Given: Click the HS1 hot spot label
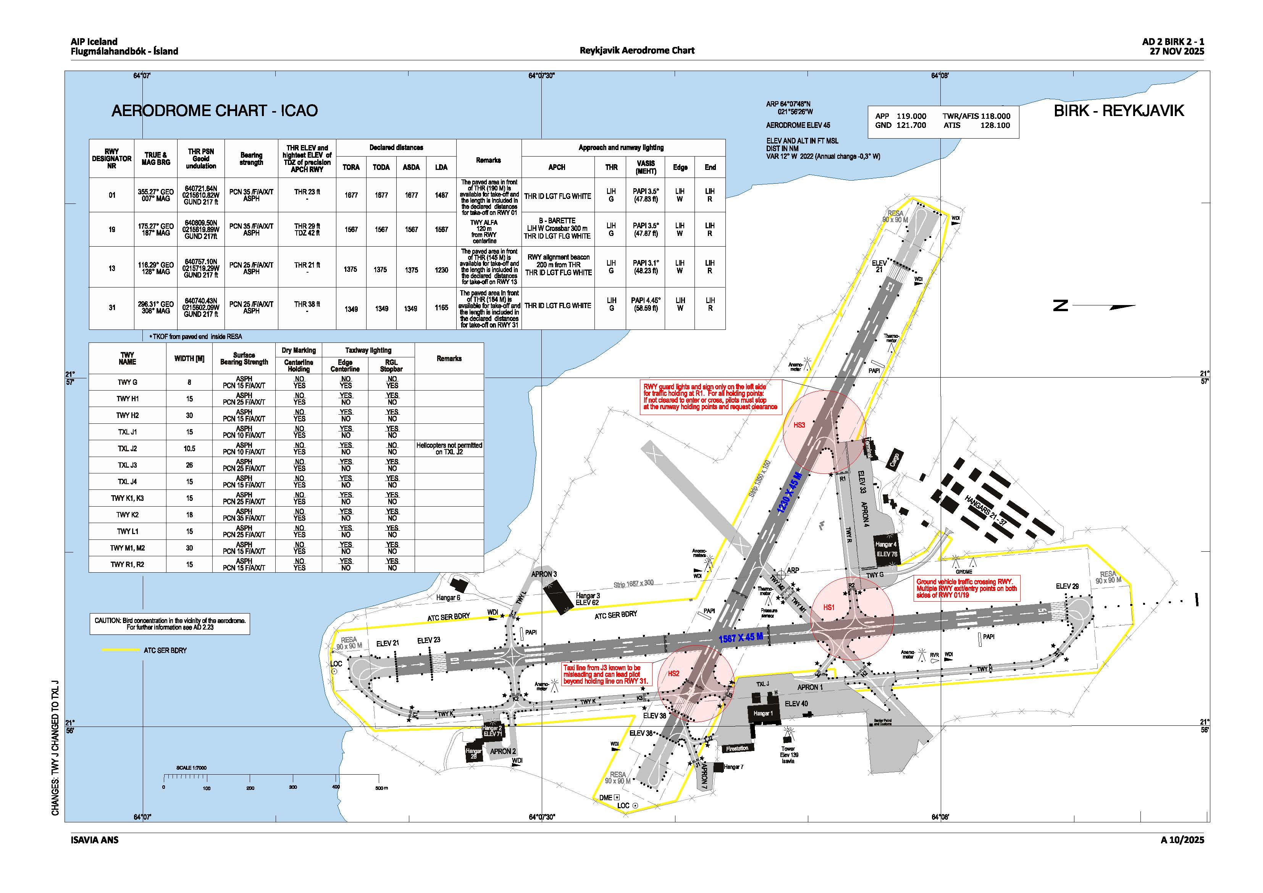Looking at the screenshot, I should pos(829,607).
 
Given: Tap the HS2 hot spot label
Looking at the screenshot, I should pos(673,673).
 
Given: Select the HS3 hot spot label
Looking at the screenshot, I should pos(799,425).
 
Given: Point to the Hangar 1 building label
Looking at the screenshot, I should pos(763,714).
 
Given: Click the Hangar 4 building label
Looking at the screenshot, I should pos(886,544).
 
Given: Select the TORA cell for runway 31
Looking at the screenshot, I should pos(351,308).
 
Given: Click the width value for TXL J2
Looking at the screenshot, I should pos(189,449).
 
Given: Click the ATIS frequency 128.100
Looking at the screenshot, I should pos(995,126).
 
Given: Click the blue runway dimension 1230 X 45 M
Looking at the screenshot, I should pos(790,493).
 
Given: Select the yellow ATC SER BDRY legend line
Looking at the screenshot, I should pos(121,650).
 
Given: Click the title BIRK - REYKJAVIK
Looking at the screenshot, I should pos(1118,111).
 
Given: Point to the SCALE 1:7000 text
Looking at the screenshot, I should pos(191,767).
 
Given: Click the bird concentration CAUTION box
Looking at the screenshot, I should pos(170,623).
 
